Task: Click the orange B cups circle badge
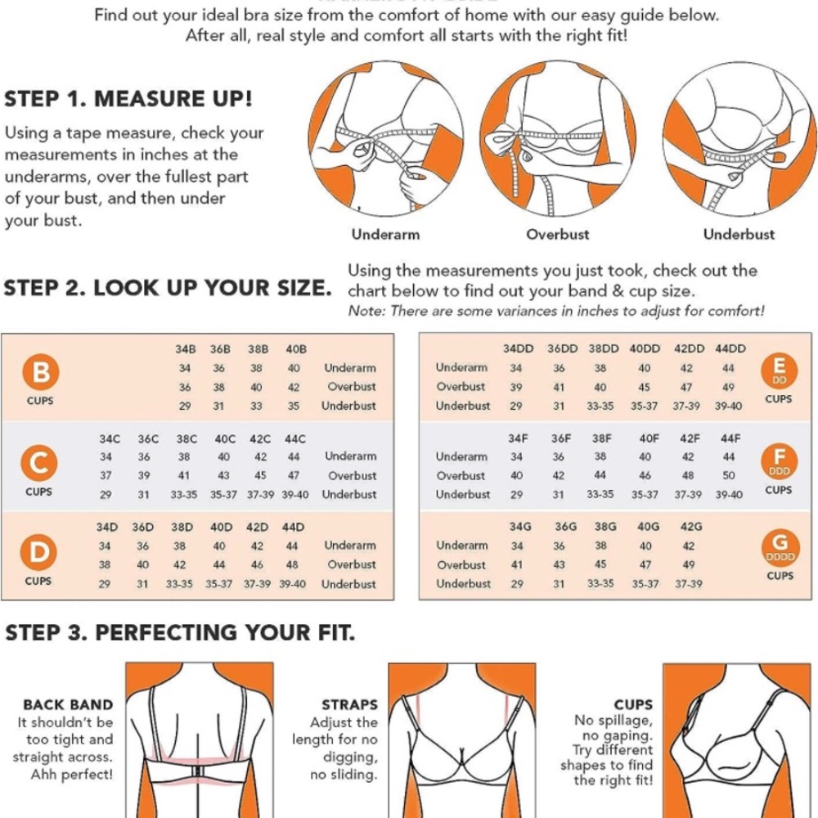(41, 372)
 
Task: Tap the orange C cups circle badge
(39, 463)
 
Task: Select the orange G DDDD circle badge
(780, 547)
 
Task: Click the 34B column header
(185, 349)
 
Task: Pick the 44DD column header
(730, 348)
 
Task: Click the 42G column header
(690, 526)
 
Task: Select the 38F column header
(601, 438)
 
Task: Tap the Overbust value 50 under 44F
(729, 475)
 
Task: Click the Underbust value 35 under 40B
(294, 406)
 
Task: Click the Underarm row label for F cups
(461, 456)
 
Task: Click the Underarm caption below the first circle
(385, 234)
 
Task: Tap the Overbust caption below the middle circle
(558, 234)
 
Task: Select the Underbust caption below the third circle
(739, 234)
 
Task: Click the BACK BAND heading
(68, 705)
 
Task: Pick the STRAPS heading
(349, 705)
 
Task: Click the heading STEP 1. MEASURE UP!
(128, 99)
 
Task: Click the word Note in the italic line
(366, 311)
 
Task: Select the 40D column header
(221, 528)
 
